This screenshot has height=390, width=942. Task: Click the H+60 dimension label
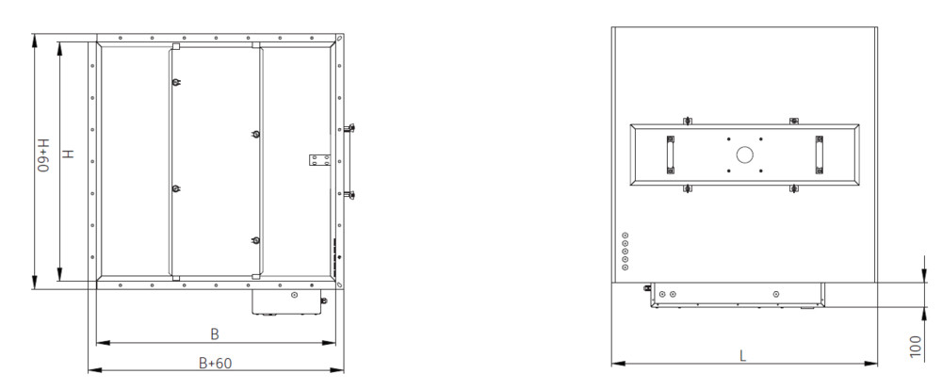[x=44, y=155]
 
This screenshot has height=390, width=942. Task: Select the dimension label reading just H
[x=69, y=154]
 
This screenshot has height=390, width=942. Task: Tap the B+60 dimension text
[x=215, y=363]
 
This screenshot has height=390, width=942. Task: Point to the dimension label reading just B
[x=215, y=334]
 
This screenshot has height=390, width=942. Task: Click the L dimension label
[x=742, y=355]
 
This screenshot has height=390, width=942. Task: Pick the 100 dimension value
[x=916, y=348]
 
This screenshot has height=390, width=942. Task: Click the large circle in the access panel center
[x=744, y=155]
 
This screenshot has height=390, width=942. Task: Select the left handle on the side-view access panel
[x=671, y=155]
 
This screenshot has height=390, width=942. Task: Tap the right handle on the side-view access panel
[x=819, y=155]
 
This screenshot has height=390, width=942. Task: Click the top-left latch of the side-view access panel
[x=688, y=121]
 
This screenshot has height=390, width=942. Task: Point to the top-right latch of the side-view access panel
[x=793, y=121]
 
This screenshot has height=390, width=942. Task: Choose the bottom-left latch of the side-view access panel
[x=688, y=189]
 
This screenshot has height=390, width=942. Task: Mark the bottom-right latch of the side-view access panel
[x=793, y=189]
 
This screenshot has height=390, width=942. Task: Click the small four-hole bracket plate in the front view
[x=320, y=160]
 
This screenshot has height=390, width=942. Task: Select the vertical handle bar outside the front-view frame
[x=348, y=161]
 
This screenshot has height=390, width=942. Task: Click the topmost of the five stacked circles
[x=625, y=235]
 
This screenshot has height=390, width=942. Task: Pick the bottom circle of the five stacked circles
[x=625, y=267]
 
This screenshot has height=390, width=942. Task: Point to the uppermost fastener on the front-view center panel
[x=175, y=82]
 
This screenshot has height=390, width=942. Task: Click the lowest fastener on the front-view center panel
[x=256, y=240]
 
